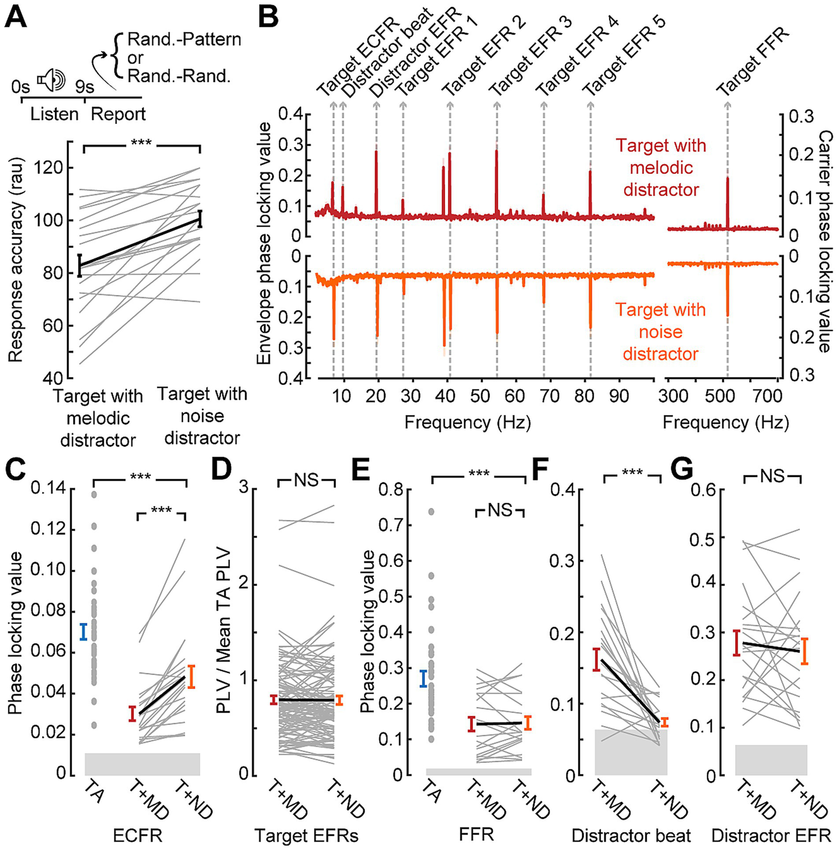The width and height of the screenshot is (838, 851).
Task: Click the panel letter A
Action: click(x=15, y=16)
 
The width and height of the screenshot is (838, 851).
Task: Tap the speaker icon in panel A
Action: click(x=51, y=80)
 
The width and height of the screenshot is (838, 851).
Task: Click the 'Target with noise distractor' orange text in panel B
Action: click(x=661, y=332)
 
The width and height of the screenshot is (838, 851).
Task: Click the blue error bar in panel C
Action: click(x=83, y=631)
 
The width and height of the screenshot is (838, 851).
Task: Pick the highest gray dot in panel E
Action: click(x=431, y=511)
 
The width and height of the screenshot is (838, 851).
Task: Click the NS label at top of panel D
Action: click(x=306, y=480)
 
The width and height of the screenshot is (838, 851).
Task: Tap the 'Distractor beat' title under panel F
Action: click(x=631, y=835)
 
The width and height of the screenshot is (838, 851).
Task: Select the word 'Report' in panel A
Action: click(x=118, y=114)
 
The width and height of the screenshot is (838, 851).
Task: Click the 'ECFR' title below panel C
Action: click(x=138, y=835)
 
